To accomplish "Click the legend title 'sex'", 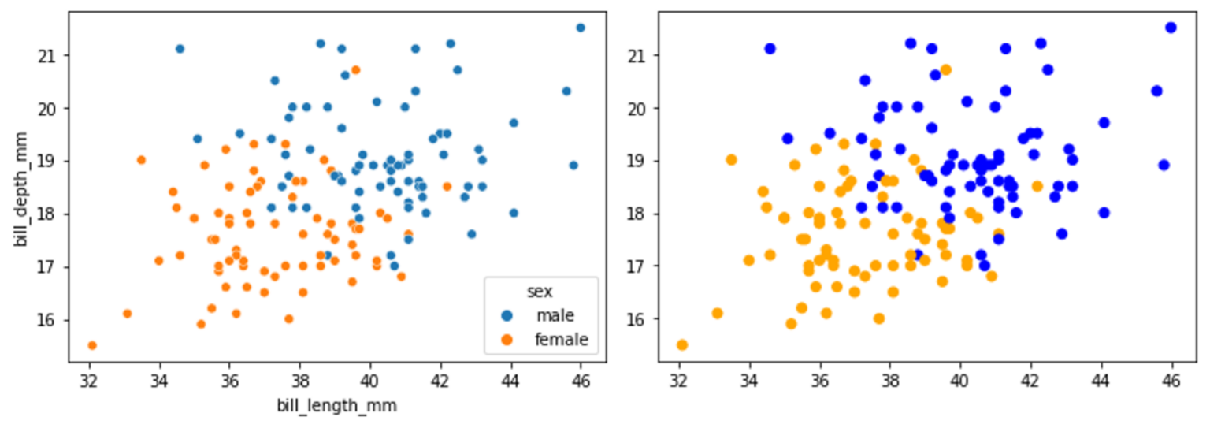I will coord(540,292).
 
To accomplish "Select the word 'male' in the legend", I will coord(555,316).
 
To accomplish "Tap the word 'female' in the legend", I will coord(561,341).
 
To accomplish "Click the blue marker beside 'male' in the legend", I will coord(507,316).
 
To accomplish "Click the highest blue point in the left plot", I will coord(581,28).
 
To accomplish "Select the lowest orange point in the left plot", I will coord(92,345).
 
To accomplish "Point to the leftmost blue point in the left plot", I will coord(180,49).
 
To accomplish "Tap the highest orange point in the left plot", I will coord(355,70).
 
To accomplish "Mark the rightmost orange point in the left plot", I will coord(447,187).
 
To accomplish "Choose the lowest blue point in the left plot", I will coord(394,266).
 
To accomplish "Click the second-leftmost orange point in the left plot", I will coord(128,314).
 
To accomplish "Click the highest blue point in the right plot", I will coord(1171,28).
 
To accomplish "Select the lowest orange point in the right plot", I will coord(682,345).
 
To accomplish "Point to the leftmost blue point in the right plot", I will coord(770,49).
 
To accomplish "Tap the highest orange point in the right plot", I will coord(945,70).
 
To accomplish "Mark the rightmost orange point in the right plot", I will coord(1037,187).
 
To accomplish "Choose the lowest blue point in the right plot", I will coord(984,266).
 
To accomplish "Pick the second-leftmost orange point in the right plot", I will coord(718,314).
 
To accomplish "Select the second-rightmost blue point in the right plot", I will coord(1164,165).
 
